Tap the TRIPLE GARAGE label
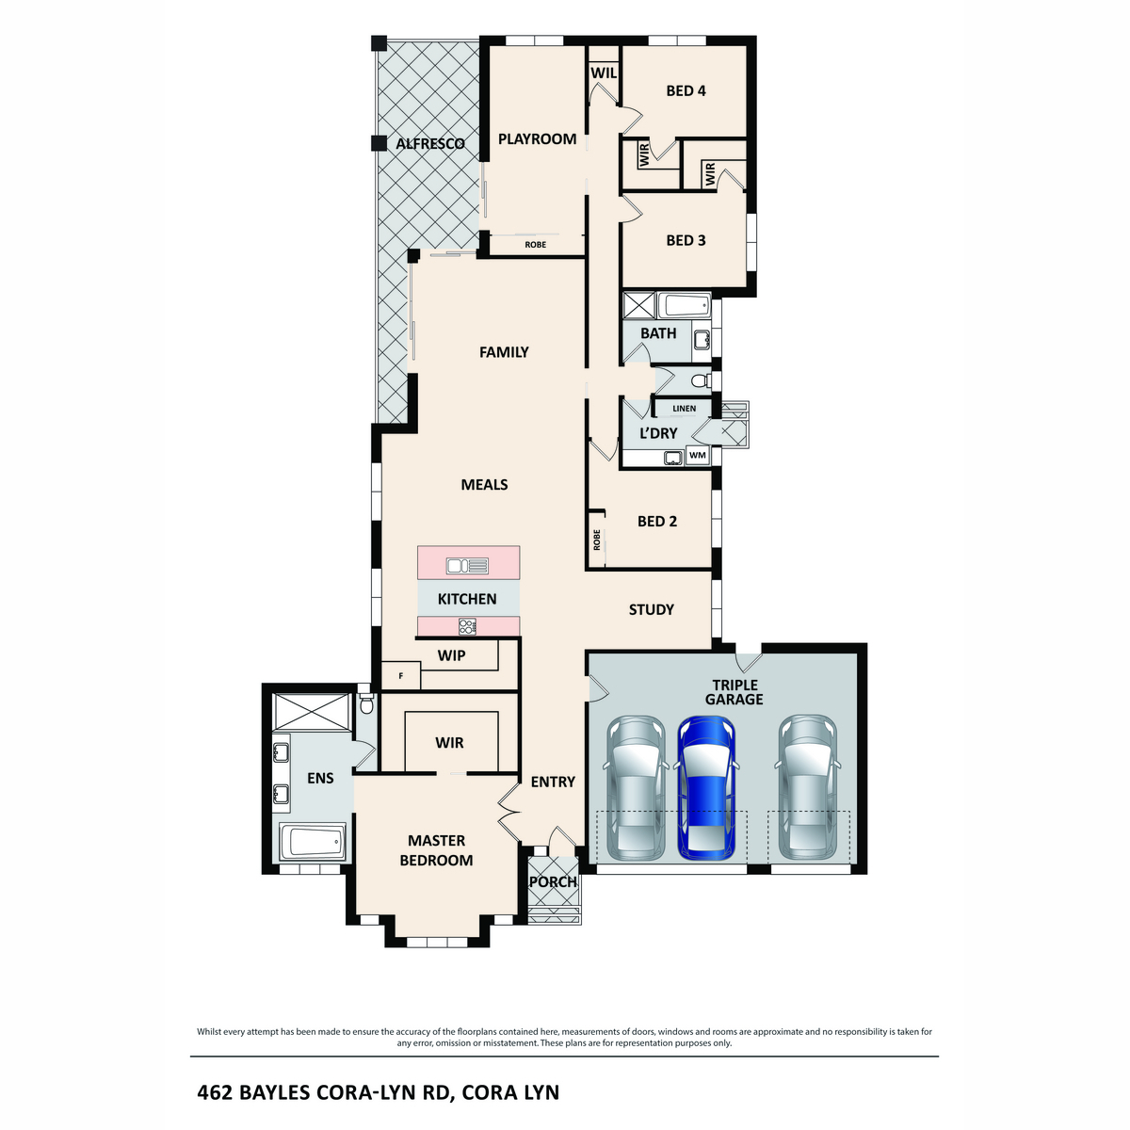734,692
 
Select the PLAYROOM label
537,138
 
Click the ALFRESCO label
430,144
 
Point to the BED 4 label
686,90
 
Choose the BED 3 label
686,240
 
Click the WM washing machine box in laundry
698,456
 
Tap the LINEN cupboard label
685,409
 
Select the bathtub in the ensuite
314,841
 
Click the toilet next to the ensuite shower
367,703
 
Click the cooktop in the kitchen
467,625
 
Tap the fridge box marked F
400,675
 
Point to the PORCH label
553,882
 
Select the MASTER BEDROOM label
436,850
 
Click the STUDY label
652,609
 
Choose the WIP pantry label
452,655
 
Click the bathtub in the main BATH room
683,305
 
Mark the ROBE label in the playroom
535,245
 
